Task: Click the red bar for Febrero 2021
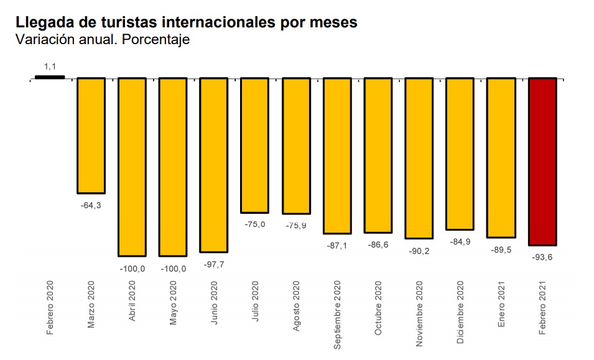[542, 162]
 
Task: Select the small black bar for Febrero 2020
[50, 77]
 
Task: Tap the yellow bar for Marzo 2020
[91, 136]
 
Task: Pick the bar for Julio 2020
[254, 145]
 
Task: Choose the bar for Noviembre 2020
[419, 158]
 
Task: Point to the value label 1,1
[50, 65]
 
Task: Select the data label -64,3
[91, 204]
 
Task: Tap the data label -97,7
[213, 264]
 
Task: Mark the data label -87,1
[336, 246]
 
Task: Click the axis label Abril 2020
[132, 305]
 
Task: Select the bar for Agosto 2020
[295, 146]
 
